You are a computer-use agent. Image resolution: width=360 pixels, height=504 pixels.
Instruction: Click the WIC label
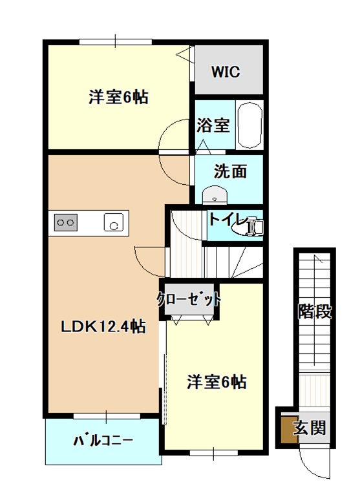[x=226, y=72]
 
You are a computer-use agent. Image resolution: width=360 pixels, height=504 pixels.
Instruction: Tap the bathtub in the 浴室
[x=249, y=125]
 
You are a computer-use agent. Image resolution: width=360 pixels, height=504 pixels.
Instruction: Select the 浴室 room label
[x=213, y=125]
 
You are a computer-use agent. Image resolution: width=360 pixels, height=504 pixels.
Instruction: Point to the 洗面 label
[x=231, y=171]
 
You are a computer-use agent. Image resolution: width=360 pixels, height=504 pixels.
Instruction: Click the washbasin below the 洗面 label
[x=215, y=195]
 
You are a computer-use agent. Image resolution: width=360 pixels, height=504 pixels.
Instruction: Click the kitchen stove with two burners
[x=66, y=222]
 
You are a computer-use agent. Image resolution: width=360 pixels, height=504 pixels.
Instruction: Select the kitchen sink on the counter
[x=114, y=222]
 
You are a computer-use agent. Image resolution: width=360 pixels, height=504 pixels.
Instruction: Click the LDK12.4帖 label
[x=103, y=327]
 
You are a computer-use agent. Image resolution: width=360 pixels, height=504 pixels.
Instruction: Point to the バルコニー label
[x=103, y=440]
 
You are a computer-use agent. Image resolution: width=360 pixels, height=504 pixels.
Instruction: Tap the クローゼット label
[x=189, y=300]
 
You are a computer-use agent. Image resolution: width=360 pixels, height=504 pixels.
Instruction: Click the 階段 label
[x=315, y=311]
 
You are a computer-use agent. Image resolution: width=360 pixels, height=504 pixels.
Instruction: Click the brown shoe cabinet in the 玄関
[x=290, y=430]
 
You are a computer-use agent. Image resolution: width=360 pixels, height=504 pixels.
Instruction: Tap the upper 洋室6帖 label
[x=119, y=97]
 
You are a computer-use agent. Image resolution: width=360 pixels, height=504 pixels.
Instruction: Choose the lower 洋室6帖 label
[x=217, y=382]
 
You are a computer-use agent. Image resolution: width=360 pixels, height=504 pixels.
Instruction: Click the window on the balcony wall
[x=107, y=416]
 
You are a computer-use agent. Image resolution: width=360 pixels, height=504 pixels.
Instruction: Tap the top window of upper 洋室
[x=116, y=41]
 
